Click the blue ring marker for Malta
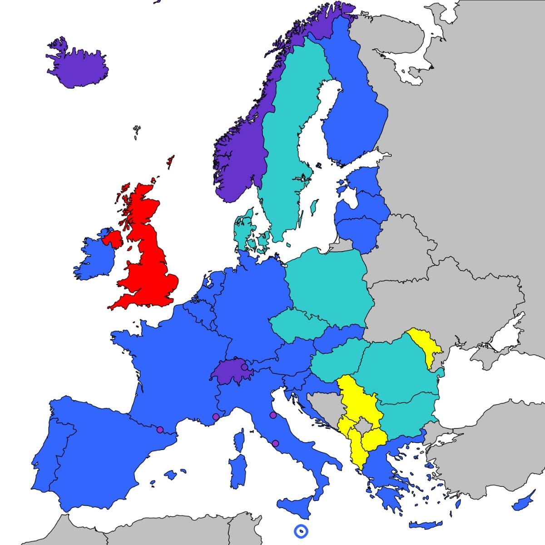301,530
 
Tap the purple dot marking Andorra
159,429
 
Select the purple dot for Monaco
216,416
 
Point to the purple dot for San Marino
273,415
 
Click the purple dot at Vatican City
275,443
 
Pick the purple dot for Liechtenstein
244,367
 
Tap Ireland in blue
95,257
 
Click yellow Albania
357,450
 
